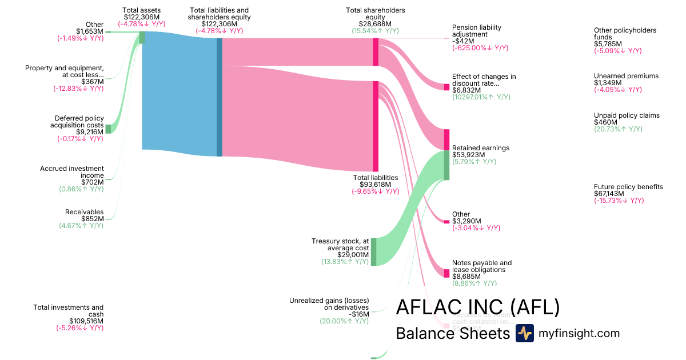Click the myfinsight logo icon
525,333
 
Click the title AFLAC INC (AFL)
477,308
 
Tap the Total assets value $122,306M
142,17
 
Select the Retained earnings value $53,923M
468,155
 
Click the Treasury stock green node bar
374,252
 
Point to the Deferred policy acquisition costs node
108,129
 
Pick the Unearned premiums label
626,76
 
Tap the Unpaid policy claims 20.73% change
617,129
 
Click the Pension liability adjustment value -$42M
462,41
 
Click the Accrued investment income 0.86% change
81,189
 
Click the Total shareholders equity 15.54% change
375,31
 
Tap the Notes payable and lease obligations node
447,273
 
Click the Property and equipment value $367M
92,82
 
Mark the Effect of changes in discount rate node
447,87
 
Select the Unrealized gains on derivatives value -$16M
360,314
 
